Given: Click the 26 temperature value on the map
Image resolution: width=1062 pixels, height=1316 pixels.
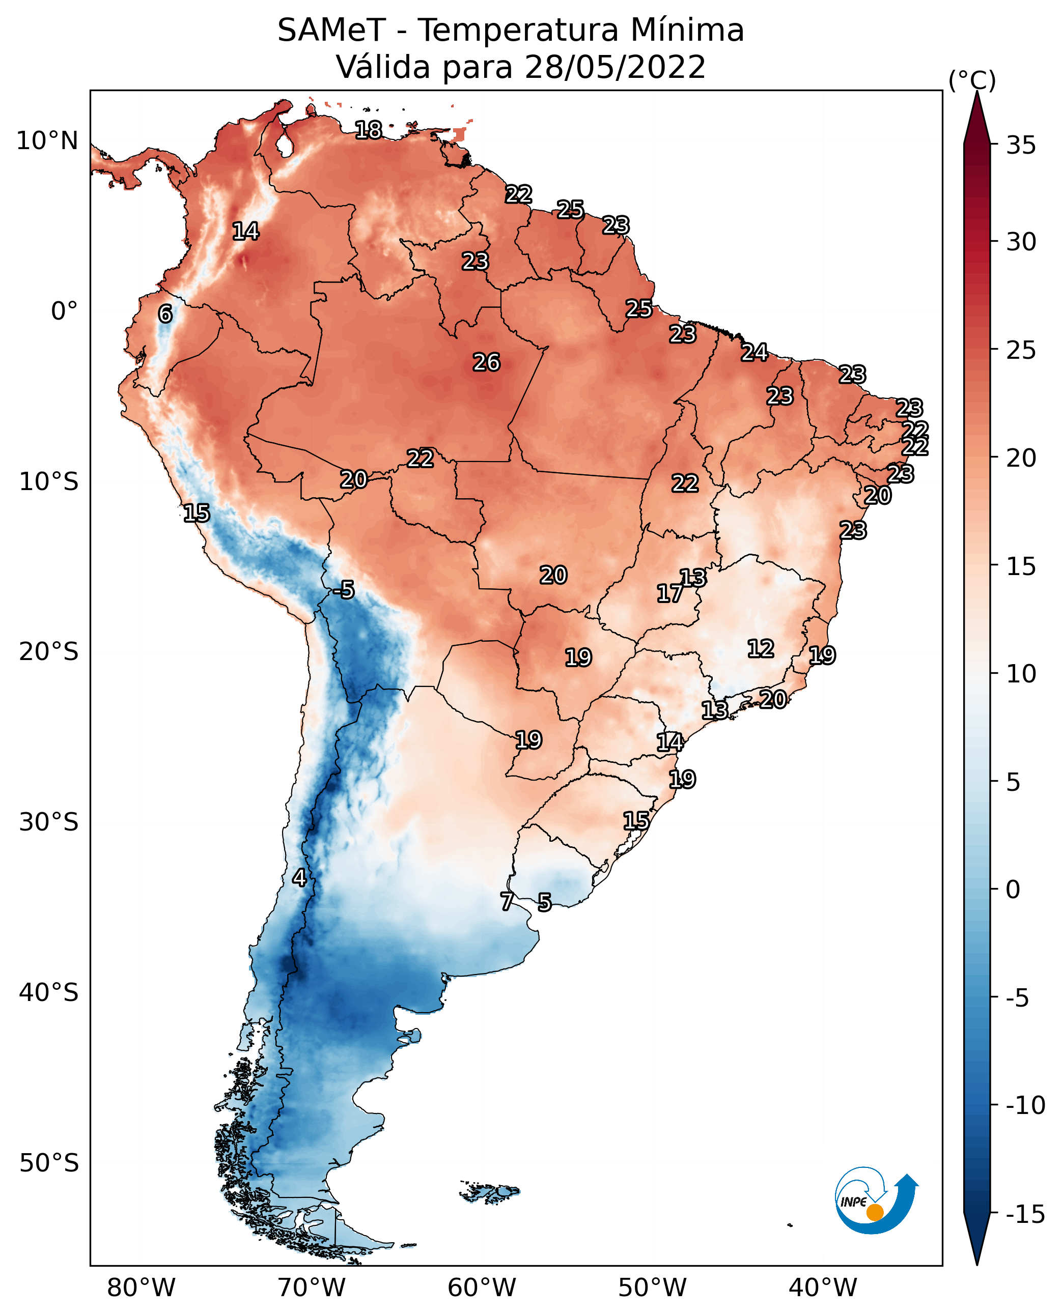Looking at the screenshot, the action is coord(487,363).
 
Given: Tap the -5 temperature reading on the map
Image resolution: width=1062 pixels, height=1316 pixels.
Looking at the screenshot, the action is coord(344,590).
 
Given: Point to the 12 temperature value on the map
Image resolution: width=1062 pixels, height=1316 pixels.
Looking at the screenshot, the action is coord(761,649).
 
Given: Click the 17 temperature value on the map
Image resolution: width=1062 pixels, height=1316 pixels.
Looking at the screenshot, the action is coord(669,593).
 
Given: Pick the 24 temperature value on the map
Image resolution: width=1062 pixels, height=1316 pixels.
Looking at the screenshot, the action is coord(755,352).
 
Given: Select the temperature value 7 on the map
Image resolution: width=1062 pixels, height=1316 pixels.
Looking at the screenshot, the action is coord(507,901).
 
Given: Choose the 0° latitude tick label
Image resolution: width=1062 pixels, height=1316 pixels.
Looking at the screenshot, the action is coord(65,311).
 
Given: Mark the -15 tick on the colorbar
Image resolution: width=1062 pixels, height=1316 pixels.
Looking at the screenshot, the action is coord(1026,1215).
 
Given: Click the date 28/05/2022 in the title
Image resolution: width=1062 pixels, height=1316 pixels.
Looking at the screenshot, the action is coord(616,67).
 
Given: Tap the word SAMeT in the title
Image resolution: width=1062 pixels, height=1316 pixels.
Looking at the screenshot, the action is coord(331,31).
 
